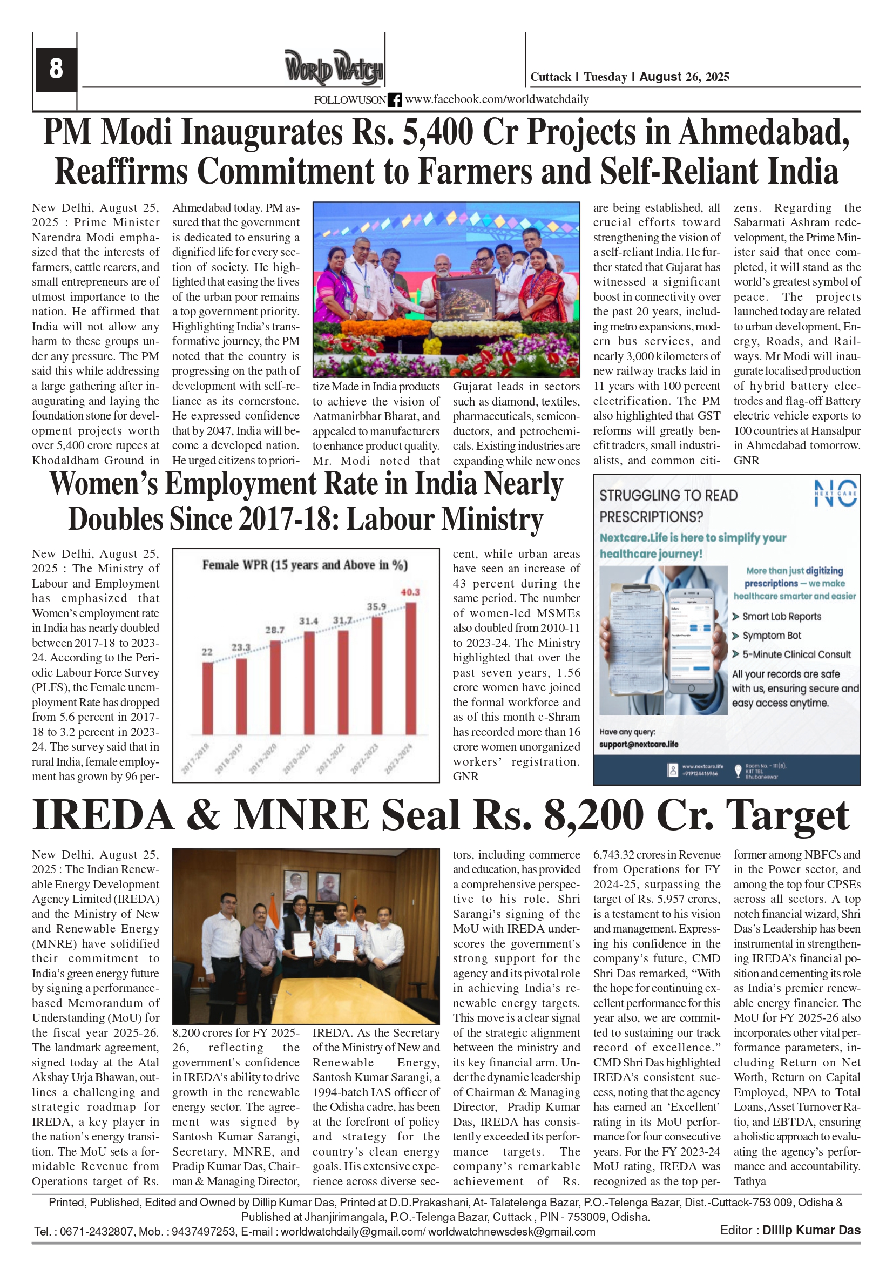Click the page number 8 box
[x=56, y=69]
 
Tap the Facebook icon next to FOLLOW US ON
[x=395, y=100]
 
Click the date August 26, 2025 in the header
[x=684, y=77]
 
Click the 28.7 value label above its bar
[x=274, y=630]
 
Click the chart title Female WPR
[x=305, y=565]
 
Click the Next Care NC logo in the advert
[x=835, y=493]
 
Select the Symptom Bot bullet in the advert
[x=772, y=635]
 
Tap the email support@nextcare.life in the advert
[x=639, y=744]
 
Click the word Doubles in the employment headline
[x=115, y=519]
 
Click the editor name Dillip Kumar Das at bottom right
[x=811, y=1230]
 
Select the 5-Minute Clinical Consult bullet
[x=796, y=654]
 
